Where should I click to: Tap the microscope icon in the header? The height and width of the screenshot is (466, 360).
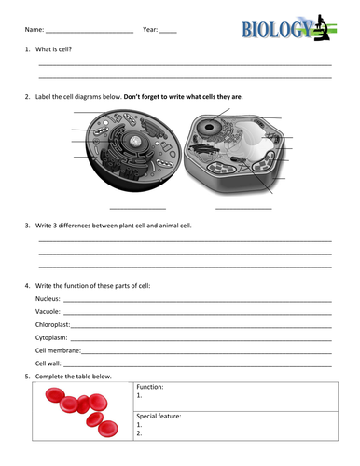(321, 27)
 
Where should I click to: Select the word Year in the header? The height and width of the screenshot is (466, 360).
(150, 31)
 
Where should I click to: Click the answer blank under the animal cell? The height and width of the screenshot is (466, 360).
(137, 208)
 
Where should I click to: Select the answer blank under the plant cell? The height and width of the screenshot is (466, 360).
(243, 208)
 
